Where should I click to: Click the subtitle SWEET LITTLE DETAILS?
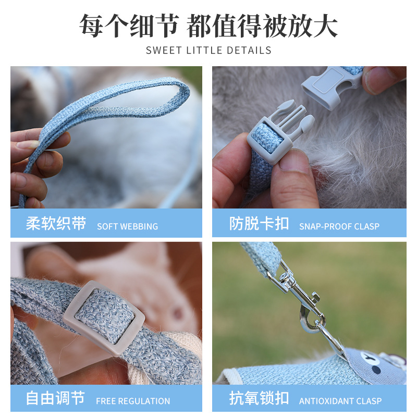208,51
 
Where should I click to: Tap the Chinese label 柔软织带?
56,224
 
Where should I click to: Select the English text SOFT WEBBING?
127,226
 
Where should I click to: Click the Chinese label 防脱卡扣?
259,224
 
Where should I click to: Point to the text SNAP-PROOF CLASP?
339,226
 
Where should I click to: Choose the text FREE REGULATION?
133,401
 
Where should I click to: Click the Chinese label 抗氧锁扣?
259,399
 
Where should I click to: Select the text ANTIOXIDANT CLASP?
340,401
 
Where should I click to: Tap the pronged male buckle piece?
281,130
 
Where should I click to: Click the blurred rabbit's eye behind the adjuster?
178,313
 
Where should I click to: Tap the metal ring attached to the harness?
323,334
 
